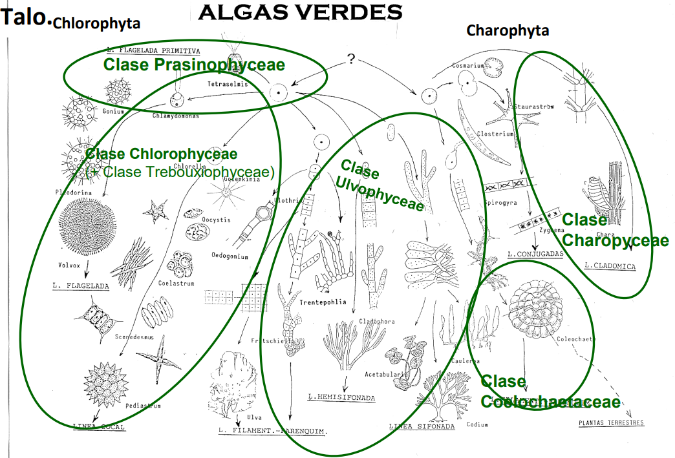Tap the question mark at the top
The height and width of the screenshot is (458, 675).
[x=350, y=59]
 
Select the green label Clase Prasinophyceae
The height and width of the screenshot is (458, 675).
[x=194, y=65]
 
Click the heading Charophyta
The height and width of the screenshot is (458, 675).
[x=508, y=30]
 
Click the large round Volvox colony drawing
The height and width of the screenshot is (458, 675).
[x=87, y=230]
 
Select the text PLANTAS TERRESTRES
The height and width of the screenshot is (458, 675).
[x=611, y=424]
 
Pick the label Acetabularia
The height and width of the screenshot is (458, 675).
[x=386, y=373]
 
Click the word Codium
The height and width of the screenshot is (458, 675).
[x=478, y=424]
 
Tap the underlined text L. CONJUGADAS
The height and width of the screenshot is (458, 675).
[x=536, y=253]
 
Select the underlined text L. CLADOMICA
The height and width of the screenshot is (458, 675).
[x=610, y=265]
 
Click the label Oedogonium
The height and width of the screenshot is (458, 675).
[x=230, y=256]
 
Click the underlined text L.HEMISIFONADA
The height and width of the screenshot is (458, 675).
[x=341, y=398]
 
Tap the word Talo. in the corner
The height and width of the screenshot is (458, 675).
[x=26, y=17]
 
